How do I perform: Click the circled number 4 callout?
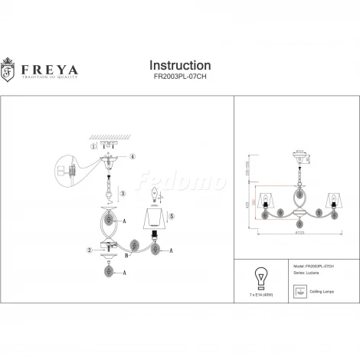131,157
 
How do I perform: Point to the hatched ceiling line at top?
113,135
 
